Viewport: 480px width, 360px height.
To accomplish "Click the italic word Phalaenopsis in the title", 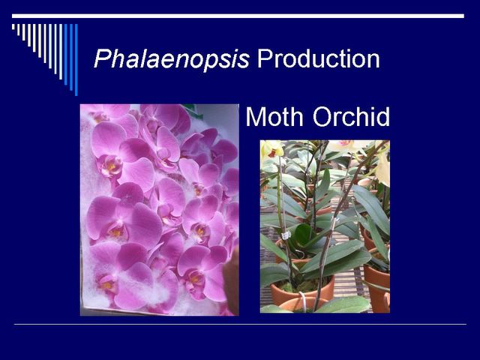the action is tap(172, 59).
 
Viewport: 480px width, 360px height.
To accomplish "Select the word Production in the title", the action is tap(318, 58).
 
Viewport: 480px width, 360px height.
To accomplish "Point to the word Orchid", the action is tap(352, 116).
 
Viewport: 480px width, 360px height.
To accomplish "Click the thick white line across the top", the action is tap(238, 16).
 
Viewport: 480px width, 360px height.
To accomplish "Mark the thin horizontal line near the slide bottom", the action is tap(240, 324).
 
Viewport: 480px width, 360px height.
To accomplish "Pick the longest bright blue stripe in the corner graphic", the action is tap(76, 60).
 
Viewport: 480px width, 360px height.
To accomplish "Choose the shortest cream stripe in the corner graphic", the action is tap(13, 27).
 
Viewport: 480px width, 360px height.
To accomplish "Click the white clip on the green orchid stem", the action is tap(286, 235).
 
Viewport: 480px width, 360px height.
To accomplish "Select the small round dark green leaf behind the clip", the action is tap(303, 233).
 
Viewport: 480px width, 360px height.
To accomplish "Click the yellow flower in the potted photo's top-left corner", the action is tap(271, 149).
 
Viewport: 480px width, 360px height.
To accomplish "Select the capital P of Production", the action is tap(264, 58).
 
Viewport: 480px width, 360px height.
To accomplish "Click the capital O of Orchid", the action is tap(322, 117).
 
